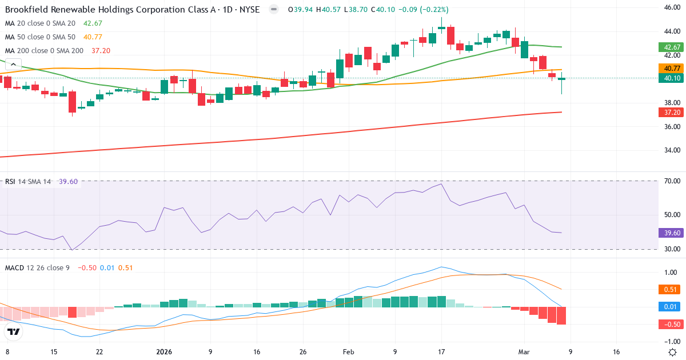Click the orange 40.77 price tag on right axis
tap(671, 68)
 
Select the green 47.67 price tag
tap(671, 47)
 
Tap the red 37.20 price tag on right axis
tap(671, 113)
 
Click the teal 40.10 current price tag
tap(671, 78)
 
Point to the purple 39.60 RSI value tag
tap(671, 233)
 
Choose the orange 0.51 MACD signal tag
tap(671, 289)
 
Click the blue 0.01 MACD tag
tap(671, 307)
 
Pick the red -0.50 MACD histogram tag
tap(671, 325)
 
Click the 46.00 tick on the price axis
tap(671, 7)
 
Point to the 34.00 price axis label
tap(671, 151)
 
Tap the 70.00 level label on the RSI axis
tap(671, 181)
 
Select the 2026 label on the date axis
tap(164, 352)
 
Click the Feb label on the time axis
tap(348, 352)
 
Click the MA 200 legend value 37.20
tap(101, 51)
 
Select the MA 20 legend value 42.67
tap(93, 23)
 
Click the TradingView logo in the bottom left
tap(14, 331)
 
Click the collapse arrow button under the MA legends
tap(13, 65)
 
